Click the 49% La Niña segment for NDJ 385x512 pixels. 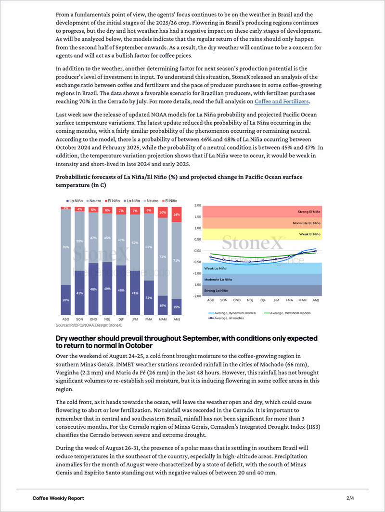(x=108, y=288)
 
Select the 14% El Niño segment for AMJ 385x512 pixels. (x=177, y=214)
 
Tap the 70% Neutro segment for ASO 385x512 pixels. (x=66, y=246)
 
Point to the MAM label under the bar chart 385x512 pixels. (x=163, y=319)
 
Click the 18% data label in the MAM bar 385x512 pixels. (x=163, y=305)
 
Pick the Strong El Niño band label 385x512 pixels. (x=309, y=212)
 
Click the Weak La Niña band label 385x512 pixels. (x=215, y=268)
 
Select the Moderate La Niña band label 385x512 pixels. (x=218, y=279)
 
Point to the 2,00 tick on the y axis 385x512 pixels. (x=197, y=205)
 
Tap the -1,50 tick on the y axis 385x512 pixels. (x=197, y=284)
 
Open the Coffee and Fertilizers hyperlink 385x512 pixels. (x=282, y=102)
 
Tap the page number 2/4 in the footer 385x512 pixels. (x=349, y=498)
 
